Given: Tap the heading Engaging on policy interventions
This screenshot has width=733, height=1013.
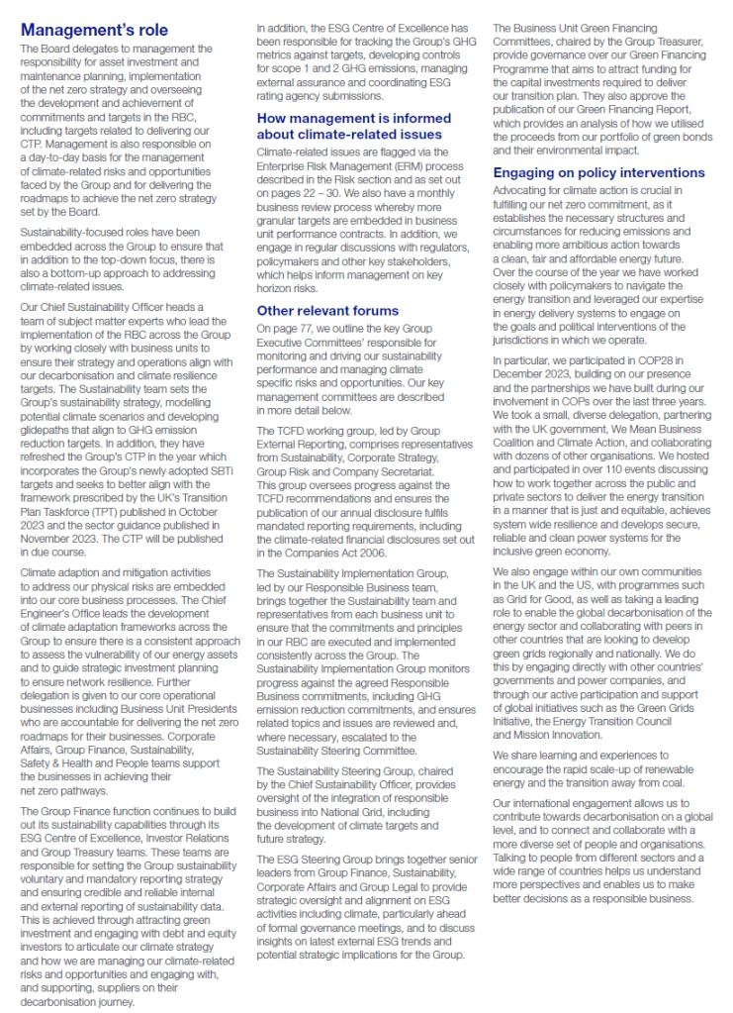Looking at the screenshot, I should coord(599,172).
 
